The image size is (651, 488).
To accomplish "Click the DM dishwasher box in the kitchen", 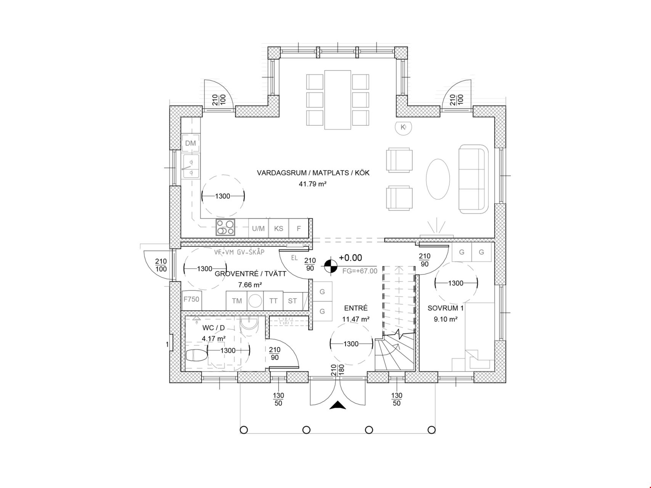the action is click(190, 143).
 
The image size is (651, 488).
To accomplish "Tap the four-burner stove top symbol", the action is click(225, 228).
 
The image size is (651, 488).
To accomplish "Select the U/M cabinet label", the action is click(258, 229).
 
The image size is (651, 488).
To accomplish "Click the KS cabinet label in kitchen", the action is click(278, 229).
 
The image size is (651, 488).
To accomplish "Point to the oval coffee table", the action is click(438, 179).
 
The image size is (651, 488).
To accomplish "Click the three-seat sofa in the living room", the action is click(474, 179).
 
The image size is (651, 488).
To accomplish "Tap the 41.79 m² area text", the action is click(313, 184).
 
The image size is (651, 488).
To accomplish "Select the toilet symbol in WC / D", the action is click(197, 356).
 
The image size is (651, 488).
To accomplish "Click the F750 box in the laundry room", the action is click(191, 300).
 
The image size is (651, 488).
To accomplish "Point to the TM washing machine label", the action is click(237, 301).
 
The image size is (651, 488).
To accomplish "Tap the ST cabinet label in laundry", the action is click(293, 301).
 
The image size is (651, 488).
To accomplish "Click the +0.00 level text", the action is click(350, 258).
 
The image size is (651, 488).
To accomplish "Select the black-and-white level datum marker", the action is click(331, 266).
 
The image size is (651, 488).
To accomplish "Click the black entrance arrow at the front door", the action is click(338, 405).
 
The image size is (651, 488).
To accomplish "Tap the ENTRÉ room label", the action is click(356, 308).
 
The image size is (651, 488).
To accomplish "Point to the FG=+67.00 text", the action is click(360, 271).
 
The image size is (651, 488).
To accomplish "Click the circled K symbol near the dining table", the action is click(403, 127).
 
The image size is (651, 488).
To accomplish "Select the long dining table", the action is click(338, 100).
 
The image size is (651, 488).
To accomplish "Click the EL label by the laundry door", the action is click(294, 258).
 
